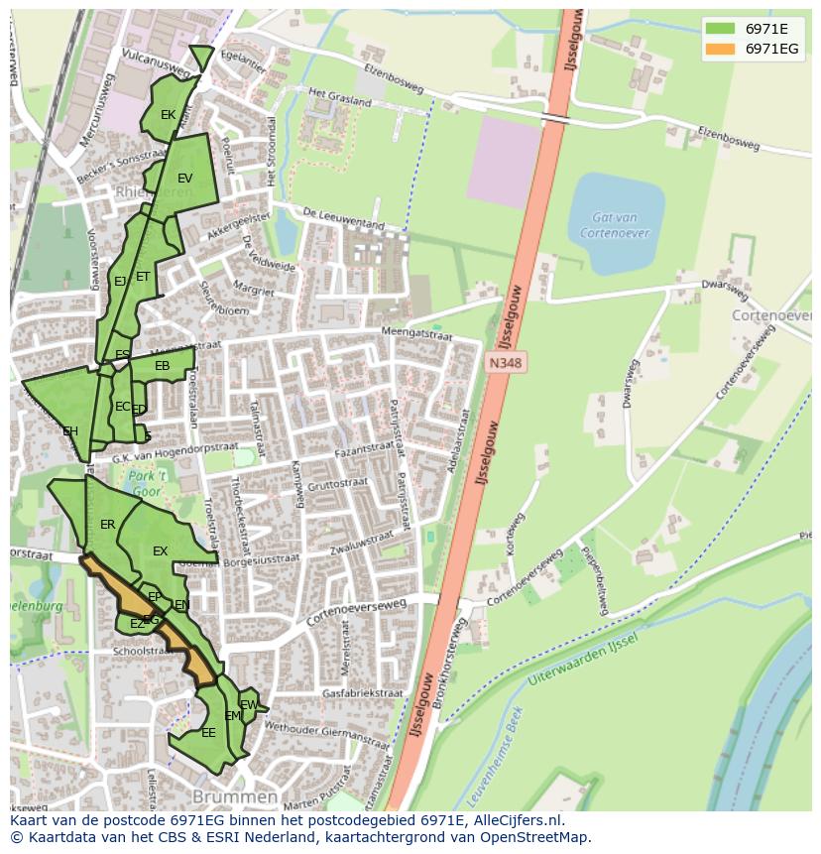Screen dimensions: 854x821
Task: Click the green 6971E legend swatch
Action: click(720, 28)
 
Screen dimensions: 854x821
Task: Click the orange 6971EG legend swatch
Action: click(720, 49)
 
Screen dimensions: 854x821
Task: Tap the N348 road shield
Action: click(505, 364)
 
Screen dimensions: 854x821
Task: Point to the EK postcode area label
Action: click(168, 115)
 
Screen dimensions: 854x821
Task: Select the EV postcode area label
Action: click(184, 179)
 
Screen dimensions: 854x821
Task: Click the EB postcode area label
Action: click(162, 367)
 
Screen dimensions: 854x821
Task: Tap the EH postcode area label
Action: click(69, 431)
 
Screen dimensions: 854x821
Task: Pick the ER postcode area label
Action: click(107, 525)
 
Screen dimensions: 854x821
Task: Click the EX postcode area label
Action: click(160, 551)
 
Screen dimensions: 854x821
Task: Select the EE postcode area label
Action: click(208, 733)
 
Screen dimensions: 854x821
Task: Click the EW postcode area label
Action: click(249, 705)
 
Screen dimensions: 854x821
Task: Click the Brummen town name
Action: click(235, 796)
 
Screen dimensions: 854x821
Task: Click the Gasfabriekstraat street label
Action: click(362, 692)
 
